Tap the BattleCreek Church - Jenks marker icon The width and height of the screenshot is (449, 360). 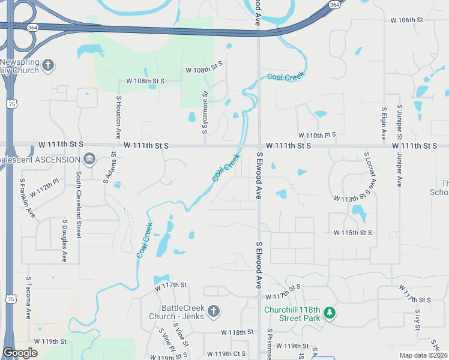pos(214,310)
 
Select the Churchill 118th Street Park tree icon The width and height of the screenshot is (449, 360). pos(329,313)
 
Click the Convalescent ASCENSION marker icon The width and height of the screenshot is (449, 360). pos(89,159)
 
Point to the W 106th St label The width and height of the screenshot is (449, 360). pos(407,20)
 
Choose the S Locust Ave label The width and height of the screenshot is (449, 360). pos(369,172)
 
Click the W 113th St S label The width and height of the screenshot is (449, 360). pos(352,197)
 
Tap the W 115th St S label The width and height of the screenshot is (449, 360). pos(352,232)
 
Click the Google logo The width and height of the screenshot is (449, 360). pos(20,353)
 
